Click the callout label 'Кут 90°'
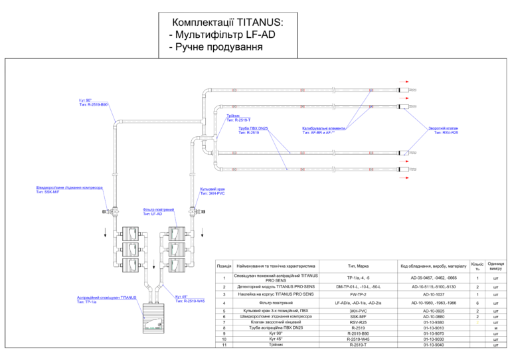(x=87, y=100)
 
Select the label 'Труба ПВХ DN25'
(x=253, y=128)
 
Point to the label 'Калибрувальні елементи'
(x=323, y=128)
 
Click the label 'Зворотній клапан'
(x=443, y=128)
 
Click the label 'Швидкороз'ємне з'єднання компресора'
(x=69, y=187)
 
